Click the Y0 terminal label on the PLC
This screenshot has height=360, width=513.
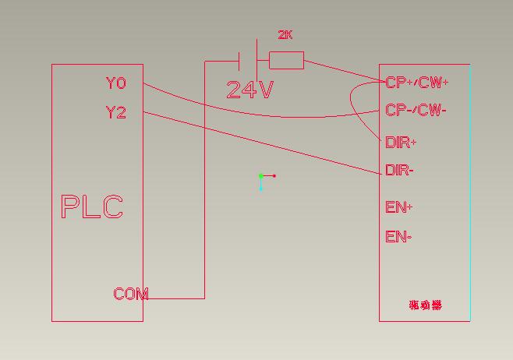pyautogui.click(x=115, y=83)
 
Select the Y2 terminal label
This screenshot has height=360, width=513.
pyautogui.click(x=115, y=112)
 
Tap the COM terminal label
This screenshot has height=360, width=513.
pyautogui.click(x=130, y=294)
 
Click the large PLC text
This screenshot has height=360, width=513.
pyautogui.click(x=92, y=207)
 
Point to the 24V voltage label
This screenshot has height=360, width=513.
pyautogui.click(x=249, y=90)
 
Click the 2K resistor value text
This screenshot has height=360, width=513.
pyautogui.click(x=285, y=35)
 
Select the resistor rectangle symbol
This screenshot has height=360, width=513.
pyautogui.click(x=286, y=60)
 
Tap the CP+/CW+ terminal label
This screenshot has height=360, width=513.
pyautogui.click(x=417, y=82)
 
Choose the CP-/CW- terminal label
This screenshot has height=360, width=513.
pyautogui.click(x=416, y=110)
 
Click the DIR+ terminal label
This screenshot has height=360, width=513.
pyautogui.click(x=401, y=143)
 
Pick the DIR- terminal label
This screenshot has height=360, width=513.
pyautogui.click(x=399, y=171)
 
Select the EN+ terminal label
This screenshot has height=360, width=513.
pyautogui.click(x=398, y=207)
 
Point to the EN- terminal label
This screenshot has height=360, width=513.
pyautogui.click(x=398, y=237)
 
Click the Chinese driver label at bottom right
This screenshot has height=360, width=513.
pyautogui.click(x=425, y=305)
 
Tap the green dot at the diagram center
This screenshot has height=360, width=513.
pyautogui.click(x=260, y=176)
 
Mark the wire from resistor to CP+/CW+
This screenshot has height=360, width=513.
pyautogui.click(x=343, y=70)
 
